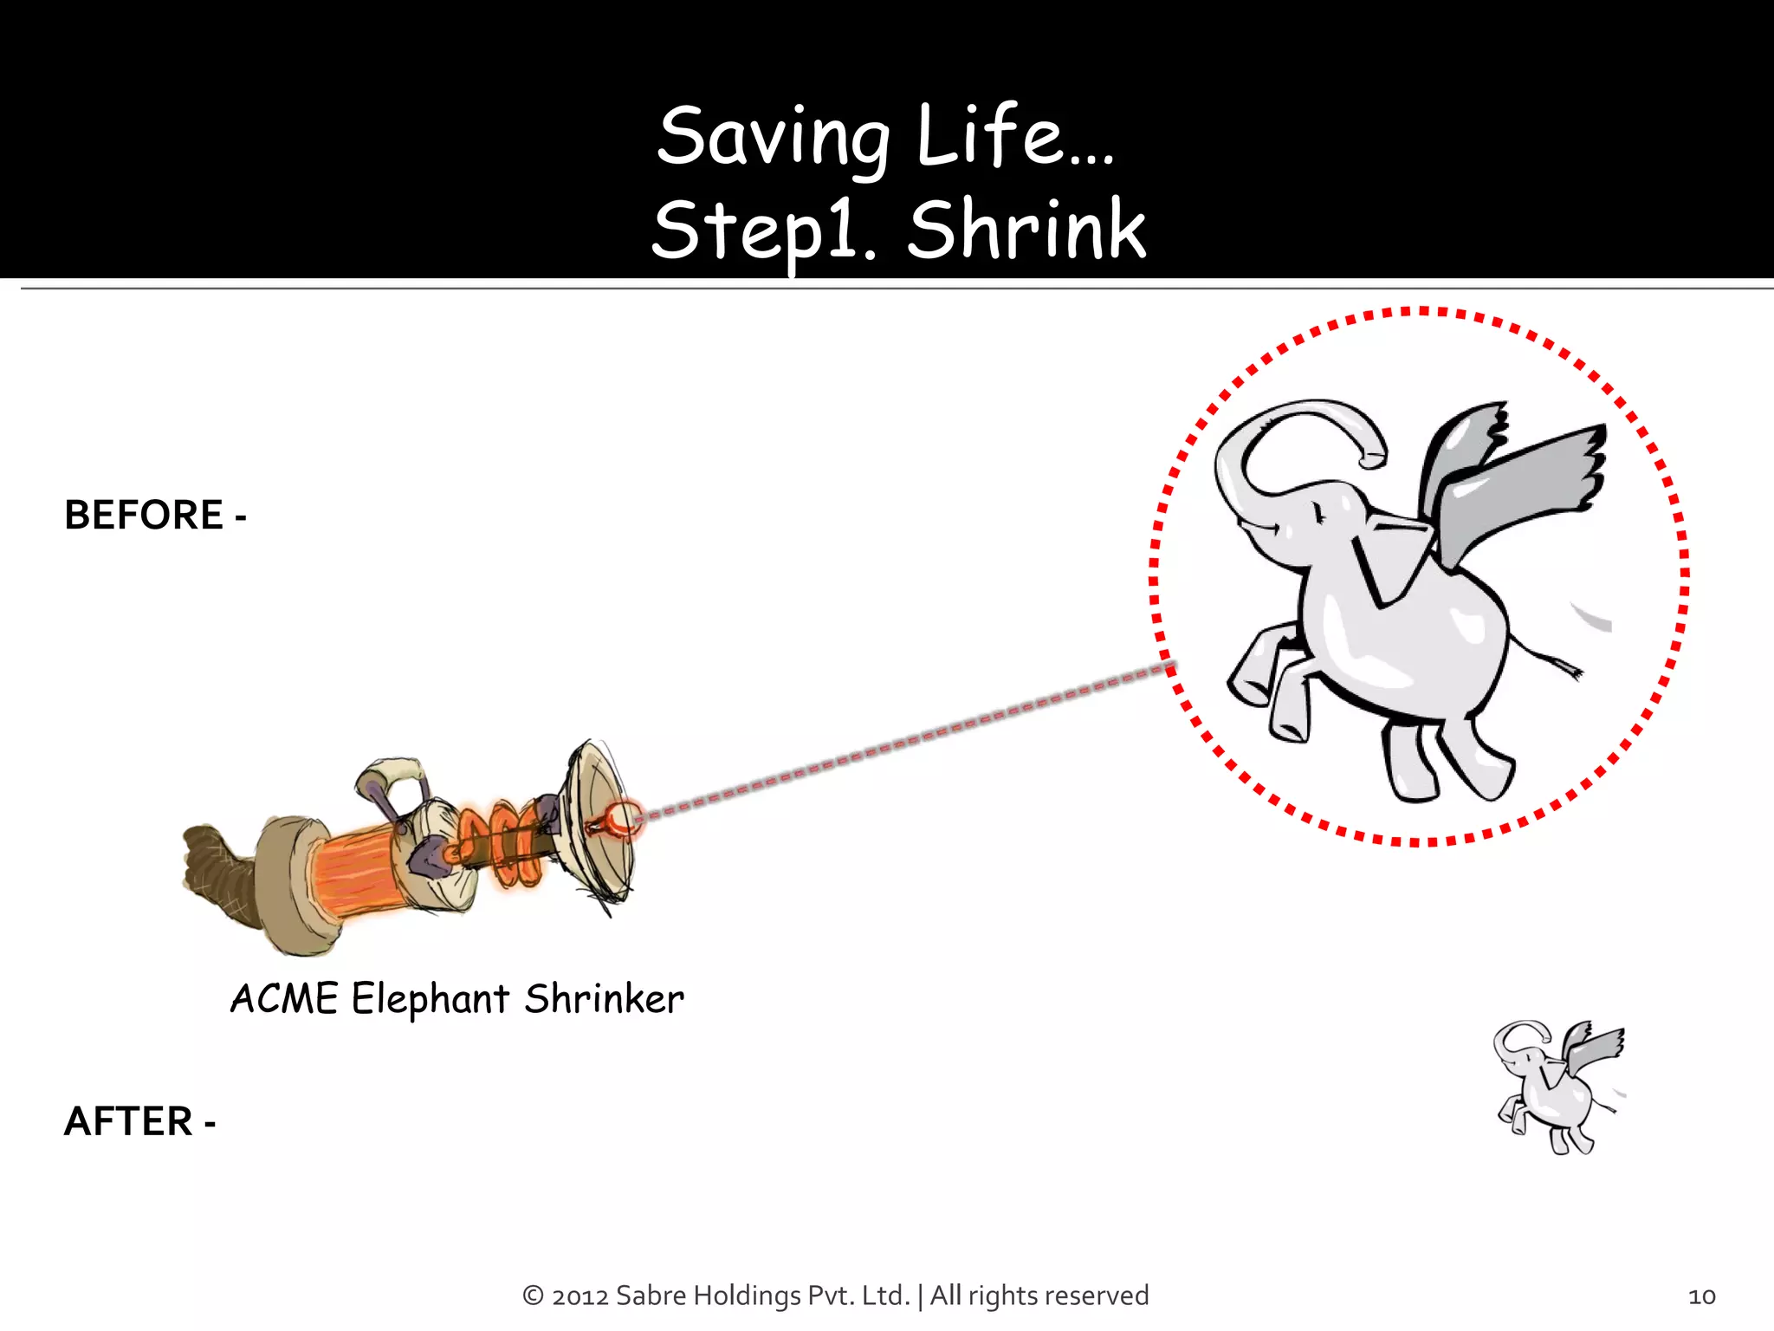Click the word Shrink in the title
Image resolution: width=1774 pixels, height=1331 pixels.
point(1027,230)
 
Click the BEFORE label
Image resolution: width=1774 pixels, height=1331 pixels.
point(145,516)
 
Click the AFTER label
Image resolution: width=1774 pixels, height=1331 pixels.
point(129,1121)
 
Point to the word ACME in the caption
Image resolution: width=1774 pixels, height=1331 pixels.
point(284,999)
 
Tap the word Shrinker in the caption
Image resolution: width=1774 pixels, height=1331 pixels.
point(604,999)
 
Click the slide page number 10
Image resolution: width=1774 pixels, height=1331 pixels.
point(1701,1296)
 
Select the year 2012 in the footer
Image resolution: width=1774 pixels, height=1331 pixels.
point(579,1296)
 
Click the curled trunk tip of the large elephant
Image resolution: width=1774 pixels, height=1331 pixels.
point(1372,455)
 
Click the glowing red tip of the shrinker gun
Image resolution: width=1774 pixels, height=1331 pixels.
point(622,818)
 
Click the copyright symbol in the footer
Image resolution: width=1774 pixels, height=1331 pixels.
point(533,1296)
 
